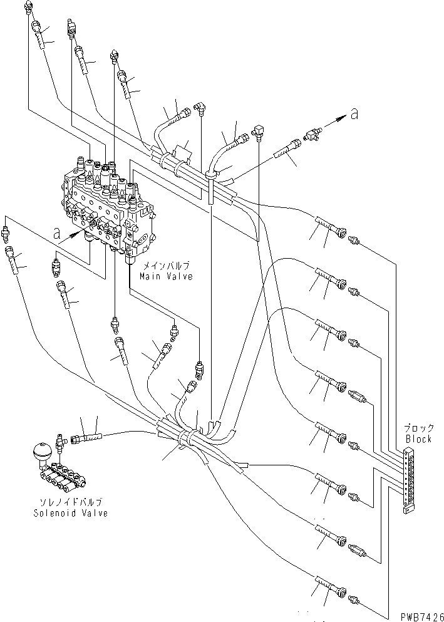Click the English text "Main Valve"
(165, 276)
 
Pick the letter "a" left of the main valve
(56, 236)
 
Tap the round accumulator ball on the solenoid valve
(39, 452)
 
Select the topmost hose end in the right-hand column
(331, 226)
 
